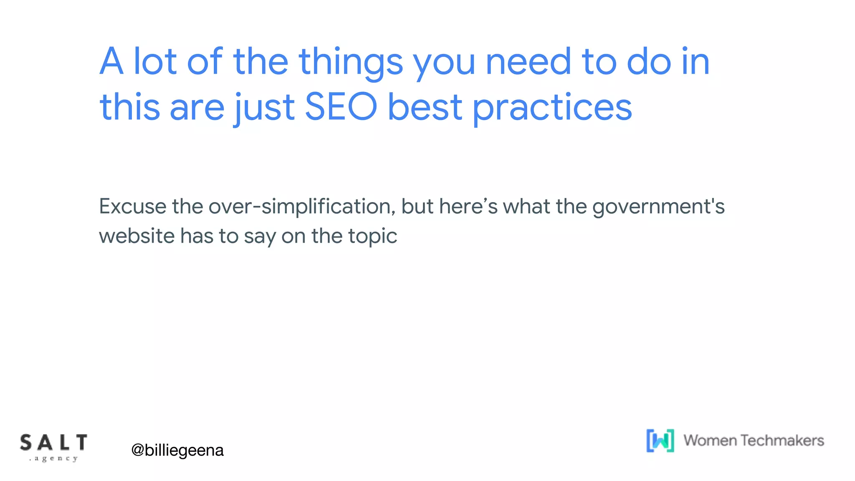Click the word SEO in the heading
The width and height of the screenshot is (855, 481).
pos(341,107)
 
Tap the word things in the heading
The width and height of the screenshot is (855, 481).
pos(351,63)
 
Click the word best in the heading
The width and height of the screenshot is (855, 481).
pos(425,107)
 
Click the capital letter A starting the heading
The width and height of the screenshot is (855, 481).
pos(111,62)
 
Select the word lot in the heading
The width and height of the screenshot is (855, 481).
pos(154,62)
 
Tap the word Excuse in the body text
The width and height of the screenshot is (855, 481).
pos(132,206)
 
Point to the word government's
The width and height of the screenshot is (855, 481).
pos(658,207)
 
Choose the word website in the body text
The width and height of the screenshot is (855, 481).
pos(137,236)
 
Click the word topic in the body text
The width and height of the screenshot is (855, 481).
pos(372,237)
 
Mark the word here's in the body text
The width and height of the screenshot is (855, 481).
pos(468,206)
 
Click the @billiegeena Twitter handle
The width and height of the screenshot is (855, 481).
pos(177,450)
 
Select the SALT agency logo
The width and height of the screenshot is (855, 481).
pos(53,447)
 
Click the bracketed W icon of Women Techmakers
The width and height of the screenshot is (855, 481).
pos(660,440)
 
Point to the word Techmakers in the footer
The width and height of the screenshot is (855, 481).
pos(782,440)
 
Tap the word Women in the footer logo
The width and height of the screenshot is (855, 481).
pos(710,440)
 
